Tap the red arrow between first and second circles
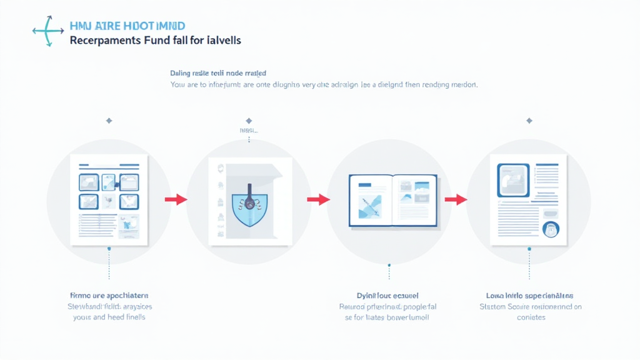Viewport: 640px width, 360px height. click(x=176, y=199)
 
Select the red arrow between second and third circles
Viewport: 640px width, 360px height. click(x=318, y=199)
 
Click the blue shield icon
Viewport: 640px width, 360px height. click(x=248, y=204)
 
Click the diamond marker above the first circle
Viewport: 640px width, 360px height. click(x=109, y=120)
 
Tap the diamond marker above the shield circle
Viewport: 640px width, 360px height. click(x=249, y=120)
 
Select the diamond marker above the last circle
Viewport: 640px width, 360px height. click(x=529, y=120)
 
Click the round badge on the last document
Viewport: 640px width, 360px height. click(x=551, y=229)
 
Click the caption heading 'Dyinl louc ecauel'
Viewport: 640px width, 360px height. click(x=383, y=295)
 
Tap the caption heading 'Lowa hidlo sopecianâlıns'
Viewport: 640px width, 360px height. click(x=530, y=295)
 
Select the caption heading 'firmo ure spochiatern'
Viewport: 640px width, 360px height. click(x=109, y=295)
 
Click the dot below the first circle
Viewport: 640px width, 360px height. click(x=109, y=249)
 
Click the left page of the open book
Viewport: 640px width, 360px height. click(x=370, y=200)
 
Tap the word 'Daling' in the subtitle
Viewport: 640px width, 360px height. click(x=181, y=73)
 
